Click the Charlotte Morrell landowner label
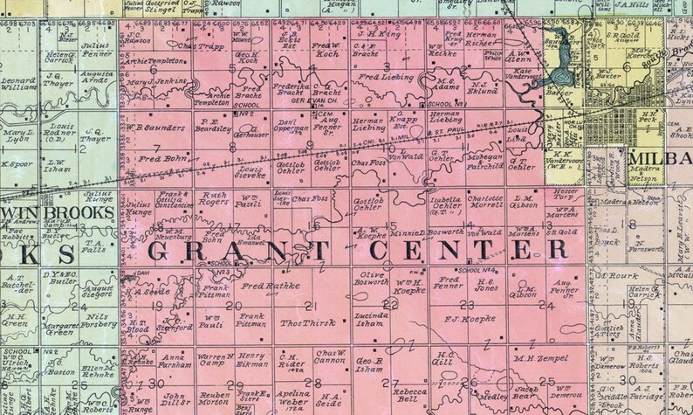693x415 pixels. coord(485,201)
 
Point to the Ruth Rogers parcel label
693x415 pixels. coord(214,200)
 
